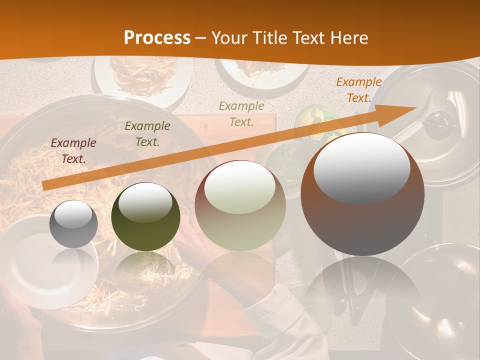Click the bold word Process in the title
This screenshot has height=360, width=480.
pyautogui.click(x=157, y=38)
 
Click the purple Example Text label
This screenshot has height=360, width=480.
pyautogui.click(x=73, y=151)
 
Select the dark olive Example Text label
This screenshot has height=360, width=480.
pyautogui.click(x=147, y=134)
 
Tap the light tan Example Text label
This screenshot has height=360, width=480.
pyautogui.click(x=241, y=113)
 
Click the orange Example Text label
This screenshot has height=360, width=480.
pyautogui.click(x=358, y=90)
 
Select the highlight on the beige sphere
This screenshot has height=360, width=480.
pyautogui.click(x=240, y=187)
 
